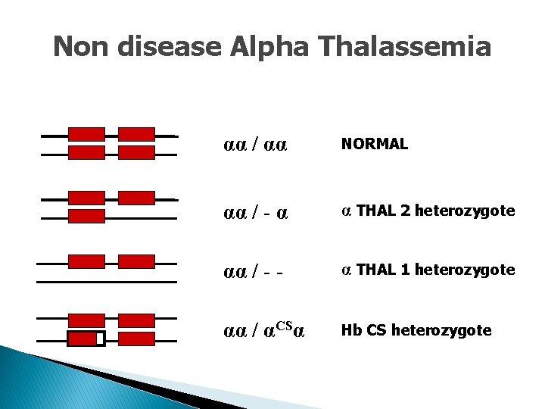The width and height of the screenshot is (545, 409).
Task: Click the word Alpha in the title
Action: coord(272,47)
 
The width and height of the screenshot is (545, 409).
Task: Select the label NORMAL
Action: coord(375,144)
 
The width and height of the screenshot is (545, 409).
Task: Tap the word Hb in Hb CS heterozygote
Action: coord(350,330)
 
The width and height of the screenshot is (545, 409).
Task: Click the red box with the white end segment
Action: coord(86,339)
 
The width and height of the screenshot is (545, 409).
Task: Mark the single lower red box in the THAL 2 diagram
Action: coord(86,217)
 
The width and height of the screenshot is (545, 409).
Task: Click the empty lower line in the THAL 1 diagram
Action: coord(106,281)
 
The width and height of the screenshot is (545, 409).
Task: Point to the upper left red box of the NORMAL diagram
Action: coord(86,134)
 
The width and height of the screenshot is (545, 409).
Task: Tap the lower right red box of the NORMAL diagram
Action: coord(137,153)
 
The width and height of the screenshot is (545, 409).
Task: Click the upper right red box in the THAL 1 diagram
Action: coord(137,261)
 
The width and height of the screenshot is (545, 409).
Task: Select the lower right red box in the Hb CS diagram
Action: coord(137,339)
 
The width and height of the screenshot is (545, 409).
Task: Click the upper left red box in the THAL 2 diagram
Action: coord(86,198)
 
